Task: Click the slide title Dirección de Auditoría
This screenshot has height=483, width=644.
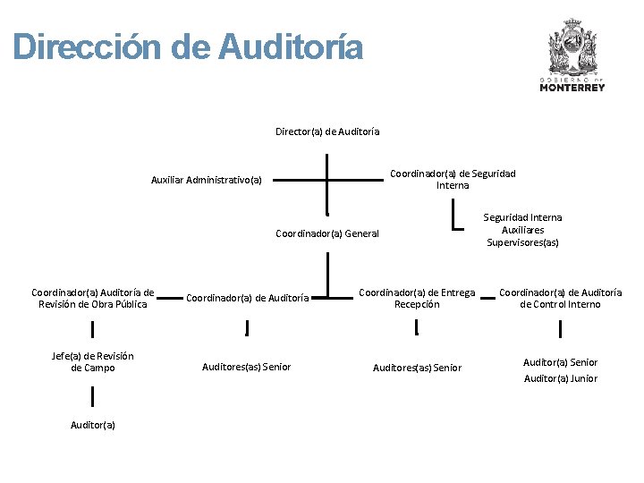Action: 189,47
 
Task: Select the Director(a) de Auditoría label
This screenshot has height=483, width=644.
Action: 327,131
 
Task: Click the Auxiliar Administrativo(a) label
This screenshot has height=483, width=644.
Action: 207,180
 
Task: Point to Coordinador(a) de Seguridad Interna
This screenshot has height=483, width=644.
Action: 453,179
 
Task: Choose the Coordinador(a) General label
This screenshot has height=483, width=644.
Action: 327,234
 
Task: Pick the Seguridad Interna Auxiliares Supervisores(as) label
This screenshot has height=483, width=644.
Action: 523,230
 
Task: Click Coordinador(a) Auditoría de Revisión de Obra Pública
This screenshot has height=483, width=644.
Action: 93,298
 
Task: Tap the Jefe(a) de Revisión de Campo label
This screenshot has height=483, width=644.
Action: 93,361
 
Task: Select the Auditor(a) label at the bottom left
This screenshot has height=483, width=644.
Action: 93,425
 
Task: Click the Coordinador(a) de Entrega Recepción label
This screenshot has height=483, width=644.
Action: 417,298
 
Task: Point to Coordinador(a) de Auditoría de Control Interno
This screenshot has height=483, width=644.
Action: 560,298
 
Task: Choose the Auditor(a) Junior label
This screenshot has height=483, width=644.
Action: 560,378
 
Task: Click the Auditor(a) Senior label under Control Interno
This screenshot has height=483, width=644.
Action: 560,362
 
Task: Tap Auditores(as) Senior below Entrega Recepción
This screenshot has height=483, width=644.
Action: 417,368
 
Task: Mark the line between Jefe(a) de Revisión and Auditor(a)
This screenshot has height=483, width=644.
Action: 93,393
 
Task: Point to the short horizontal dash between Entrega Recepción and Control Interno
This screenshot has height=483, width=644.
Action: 488,299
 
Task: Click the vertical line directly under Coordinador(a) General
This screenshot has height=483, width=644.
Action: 328,274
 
